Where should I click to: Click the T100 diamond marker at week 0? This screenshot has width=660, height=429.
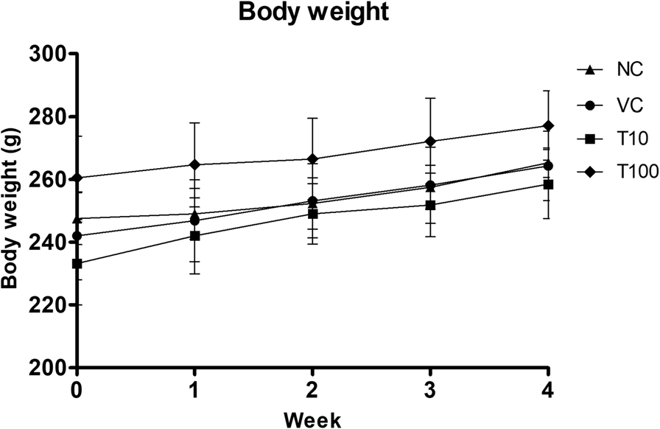77,178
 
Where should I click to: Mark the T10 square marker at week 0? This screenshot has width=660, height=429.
77,263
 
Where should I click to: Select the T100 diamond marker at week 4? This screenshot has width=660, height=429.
547,126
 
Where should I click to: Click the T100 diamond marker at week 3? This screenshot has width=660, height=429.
430,142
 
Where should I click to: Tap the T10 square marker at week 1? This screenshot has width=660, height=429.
195,236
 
